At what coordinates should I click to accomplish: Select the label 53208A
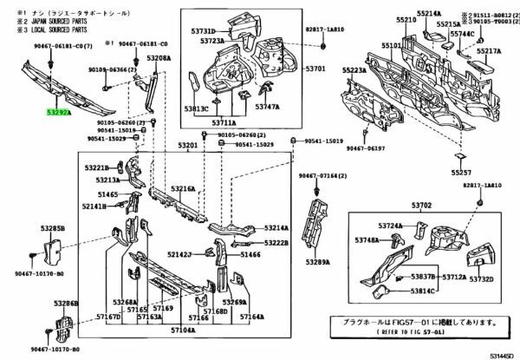(159, 57)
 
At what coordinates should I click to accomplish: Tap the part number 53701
(315, 68)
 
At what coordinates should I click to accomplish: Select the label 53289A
(320, 262)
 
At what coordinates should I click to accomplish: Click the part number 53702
(421, 205)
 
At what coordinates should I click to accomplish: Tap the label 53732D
(481, 279)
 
